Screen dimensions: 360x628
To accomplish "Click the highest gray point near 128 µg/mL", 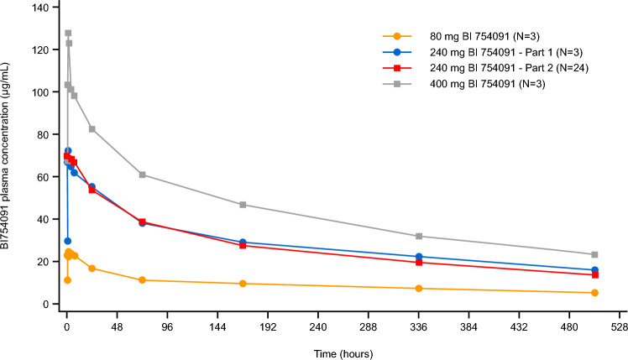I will (x=68, y=34).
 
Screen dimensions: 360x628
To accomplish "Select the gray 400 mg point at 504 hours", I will (x=594, y=254).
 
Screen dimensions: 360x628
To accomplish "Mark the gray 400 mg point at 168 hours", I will (x=243, y=205).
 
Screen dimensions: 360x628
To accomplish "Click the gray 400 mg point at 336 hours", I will (x=419, y=236).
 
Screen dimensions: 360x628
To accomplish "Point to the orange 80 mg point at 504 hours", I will (x=594, y=293).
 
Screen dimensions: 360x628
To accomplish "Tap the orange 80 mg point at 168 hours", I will (x=243, y=284).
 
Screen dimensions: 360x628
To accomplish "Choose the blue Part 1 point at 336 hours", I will (x=419, y=257).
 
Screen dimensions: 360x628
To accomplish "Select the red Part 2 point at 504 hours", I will (x=594, y=274).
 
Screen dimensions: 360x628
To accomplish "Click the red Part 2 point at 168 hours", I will (x=243, y=245).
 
